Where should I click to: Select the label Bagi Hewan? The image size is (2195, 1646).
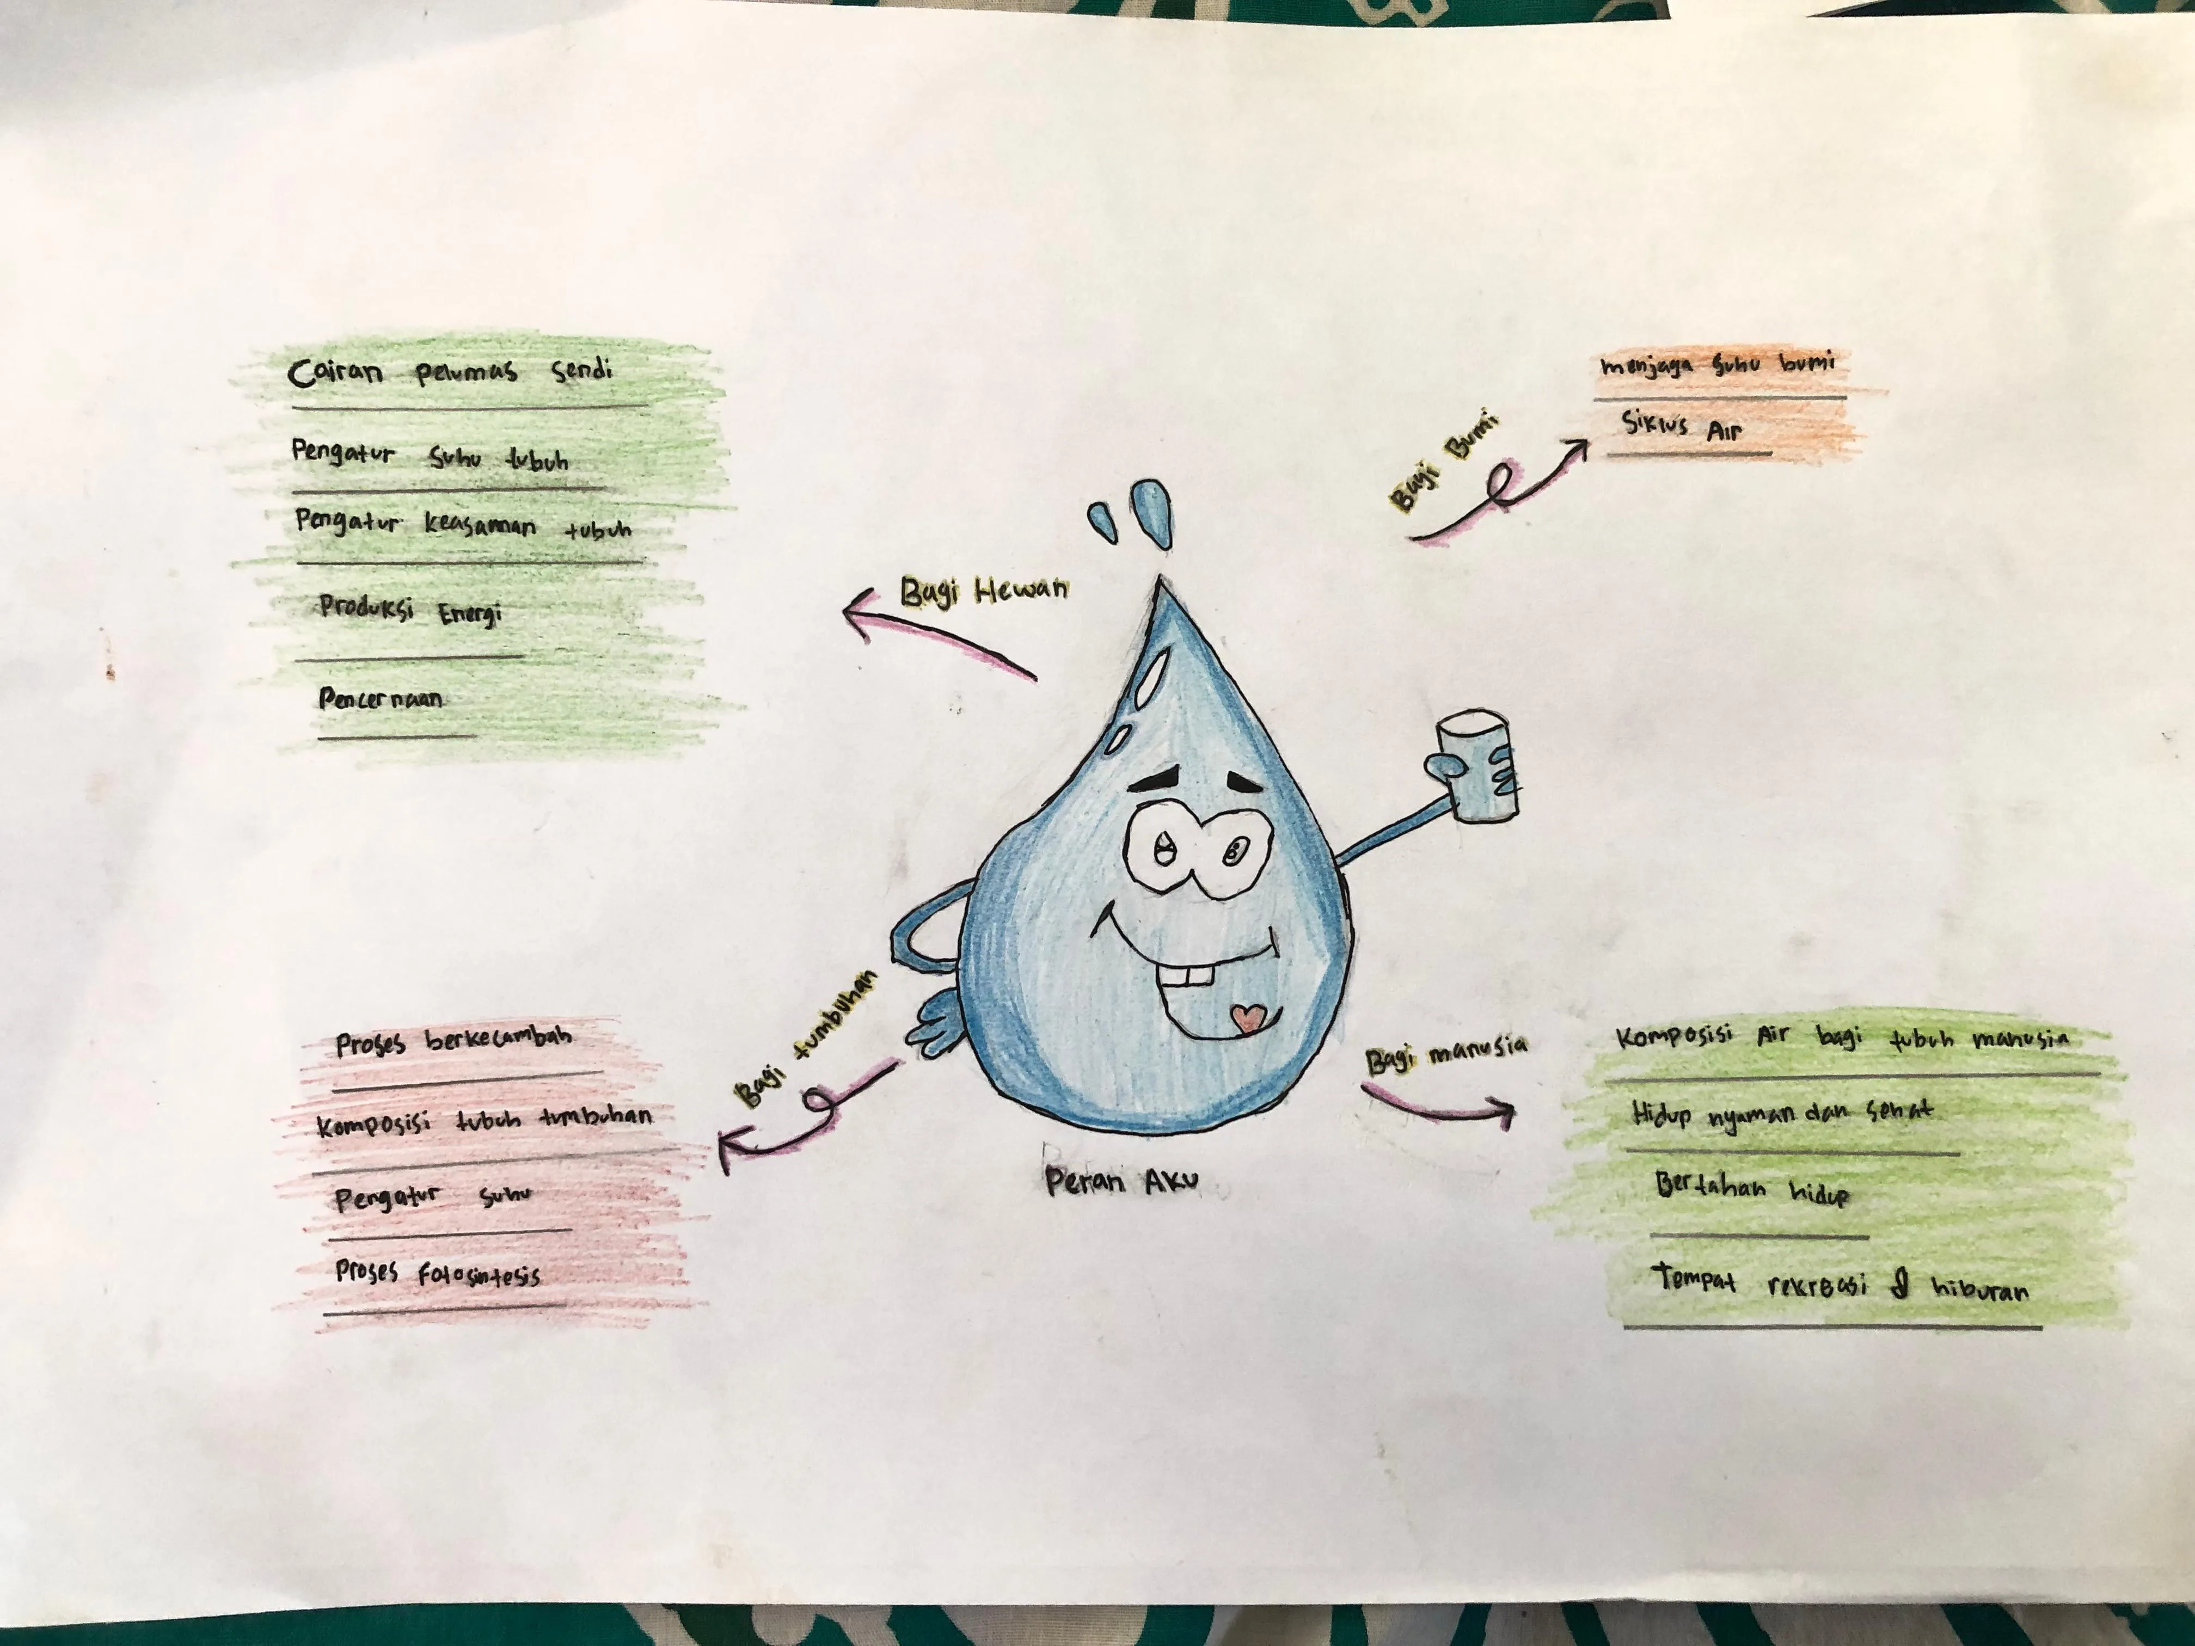tap(983, 591)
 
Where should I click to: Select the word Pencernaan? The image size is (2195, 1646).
tap(380, 698)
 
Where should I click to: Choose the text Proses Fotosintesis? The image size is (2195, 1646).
tap(438, 1273)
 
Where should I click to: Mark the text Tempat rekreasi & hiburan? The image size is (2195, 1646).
tap(1840, 1284)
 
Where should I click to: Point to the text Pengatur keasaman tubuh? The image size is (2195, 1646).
tap(462, 525)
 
